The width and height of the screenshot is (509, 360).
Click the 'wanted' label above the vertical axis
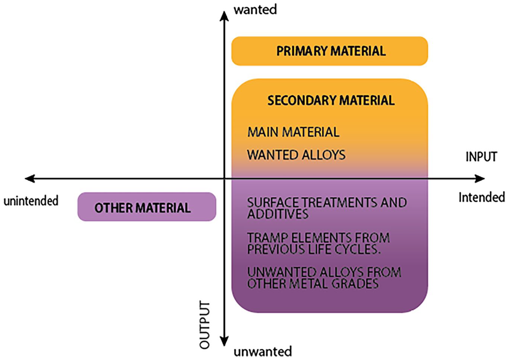coord(255,10)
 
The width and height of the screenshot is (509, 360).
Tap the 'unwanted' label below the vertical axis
coord(263,351)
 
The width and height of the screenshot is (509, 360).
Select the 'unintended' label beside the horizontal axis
coord(31,201)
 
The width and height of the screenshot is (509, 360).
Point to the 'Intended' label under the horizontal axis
coord(482,197)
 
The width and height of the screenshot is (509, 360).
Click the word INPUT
coord(481,156)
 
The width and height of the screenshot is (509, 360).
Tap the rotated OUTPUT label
coord(204,324)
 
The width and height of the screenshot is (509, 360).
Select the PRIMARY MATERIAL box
coord(330,51)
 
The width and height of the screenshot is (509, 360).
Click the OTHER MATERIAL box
coord(147,207)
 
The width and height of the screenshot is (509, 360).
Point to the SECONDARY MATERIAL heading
coord(331,100)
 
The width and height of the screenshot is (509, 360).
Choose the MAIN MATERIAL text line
coord(293,132)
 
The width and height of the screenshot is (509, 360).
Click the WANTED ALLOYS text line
coord(296,155)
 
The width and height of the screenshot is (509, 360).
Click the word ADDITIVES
coord(278,214)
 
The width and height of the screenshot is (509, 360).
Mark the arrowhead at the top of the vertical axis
coord(224,16)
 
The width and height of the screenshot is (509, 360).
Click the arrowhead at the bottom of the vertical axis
coord(224,341)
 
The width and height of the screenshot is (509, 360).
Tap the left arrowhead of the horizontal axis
coord(30,179)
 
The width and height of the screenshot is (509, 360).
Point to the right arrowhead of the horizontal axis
coord(479,179)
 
